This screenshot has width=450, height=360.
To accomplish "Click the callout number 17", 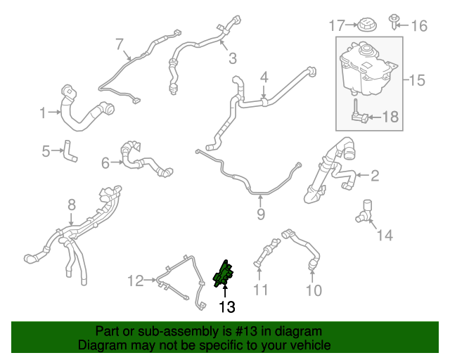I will click(337, 26).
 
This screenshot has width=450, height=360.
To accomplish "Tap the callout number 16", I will click(419, 26).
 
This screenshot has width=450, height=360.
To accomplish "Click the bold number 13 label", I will click(226, 307).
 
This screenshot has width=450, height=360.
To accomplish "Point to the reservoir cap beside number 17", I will click(366, 25).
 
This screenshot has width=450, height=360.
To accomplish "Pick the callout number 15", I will click(417, 80).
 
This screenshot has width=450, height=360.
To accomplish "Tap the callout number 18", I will click(390, 117).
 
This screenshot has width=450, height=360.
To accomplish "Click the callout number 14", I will click(385, 235).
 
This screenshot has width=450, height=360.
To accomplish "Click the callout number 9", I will click(261, 214).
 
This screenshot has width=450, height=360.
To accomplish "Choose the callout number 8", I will click(71, 205).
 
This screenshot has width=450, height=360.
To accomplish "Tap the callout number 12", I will click(135, 281).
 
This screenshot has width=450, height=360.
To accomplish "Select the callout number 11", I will click(261, 290).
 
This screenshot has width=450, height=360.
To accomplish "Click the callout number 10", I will click(314, 290).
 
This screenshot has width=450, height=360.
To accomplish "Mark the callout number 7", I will click(119, 44).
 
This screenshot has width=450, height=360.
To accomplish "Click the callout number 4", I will click(264, 76).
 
